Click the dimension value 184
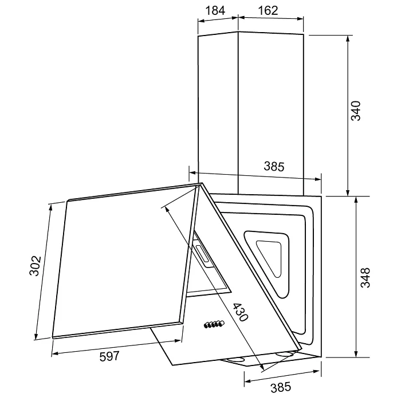point(215,11)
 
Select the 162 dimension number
point(268,11)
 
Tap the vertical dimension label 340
point(356,111)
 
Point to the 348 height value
point(365,277)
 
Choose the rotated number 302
point(35,265)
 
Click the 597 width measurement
point(109,356)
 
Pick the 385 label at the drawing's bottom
point(281,387)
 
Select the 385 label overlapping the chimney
point(274,166)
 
